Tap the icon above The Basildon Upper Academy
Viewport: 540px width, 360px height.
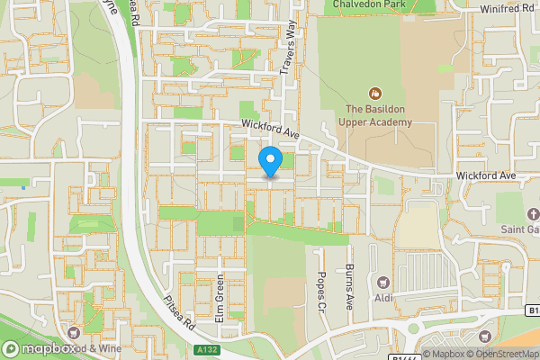(374, 93)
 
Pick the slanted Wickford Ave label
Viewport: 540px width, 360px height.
(269, 131)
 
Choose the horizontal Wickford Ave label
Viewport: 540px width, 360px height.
(486, 175)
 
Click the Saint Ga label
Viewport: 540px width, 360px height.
(519, 229)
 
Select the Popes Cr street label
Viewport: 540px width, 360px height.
(320, 288)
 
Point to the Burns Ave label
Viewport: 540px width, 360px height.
(349, 287)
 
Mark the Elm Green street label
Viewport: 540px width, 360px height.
(219, 301)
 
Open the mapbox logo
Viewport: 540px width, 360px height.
(39, 347)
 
